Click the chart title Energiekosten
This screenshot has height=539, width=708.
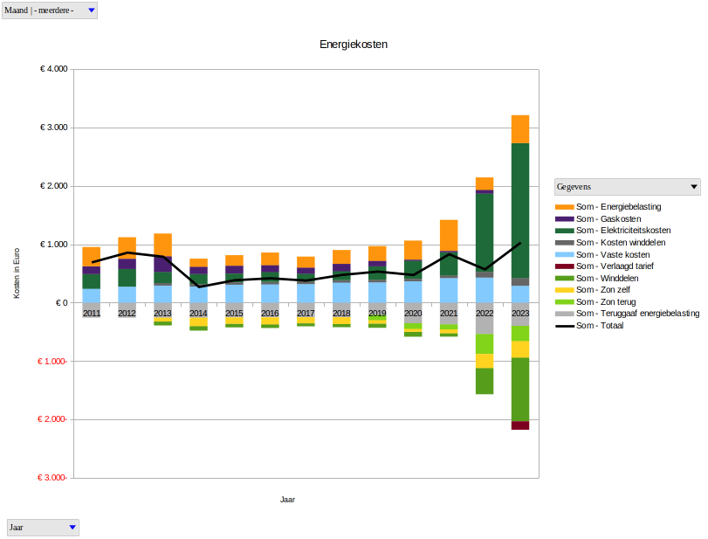[x=353, y=44]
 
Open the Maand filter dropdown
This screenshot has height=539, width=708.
[x=91, y=10]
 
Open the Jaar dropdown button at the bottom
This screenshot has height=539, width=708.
[x=72, y=528]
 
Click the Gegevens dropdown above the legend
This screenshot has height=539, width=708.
[x=694, y=187]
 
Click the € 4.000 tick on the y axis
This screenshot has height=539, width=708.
[x=54, y=69]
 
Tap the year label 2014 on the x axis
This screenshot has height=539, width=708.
[x=198, y=313]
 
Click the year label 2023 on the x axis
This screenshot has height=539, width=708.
[x=520, y=313]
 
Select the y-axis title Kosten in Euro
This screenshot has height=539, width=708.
[x=17, y=273]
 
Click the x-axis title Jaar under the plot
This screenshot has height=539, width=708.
[x=287, y=500]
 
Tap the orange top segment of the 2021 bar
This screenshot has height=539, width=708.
[x=449, y=235]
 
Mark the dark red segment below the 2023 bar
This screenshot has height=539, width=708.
[x=520, y=425]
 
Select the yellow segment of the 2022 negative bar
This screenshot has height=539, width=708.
[x=485, y=361]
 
